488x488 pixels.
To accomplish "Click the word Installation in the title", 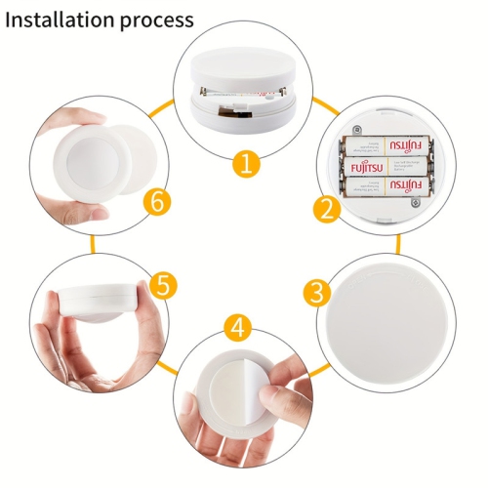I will (61, 20).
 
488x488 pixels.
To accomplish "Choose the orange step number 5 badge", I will (163, 285).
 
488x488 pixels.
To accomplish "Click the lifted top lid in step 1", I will (241, 71).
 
